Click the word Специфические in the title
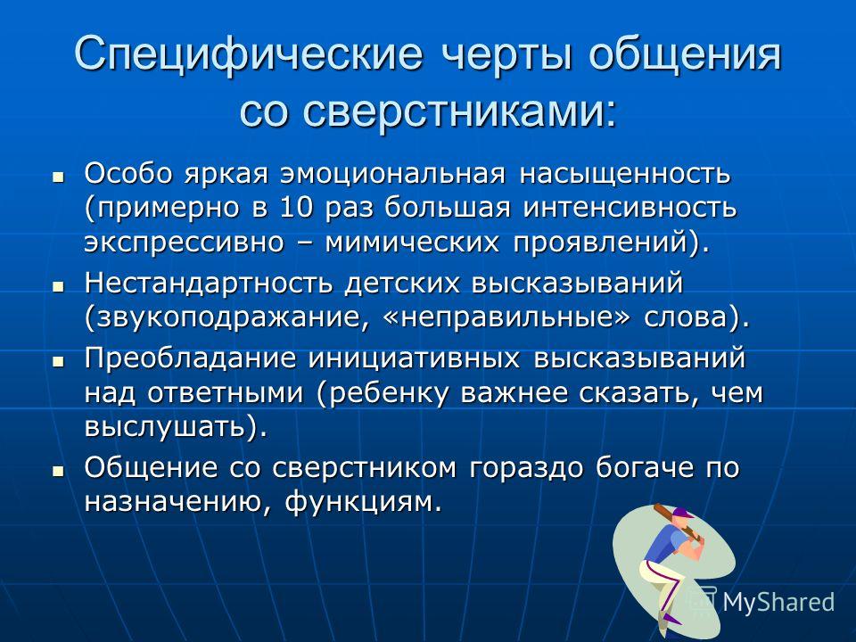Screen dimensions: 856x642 [x=249, y=54]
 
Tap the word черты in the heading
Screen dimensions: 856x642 [x=506, y=55]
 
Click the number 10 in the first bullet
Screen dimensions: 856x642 [x=297, y=208]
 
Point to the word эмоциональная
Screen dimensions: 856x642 [x=392, y=174]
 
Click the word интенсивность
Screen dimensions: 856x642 [x=630, y=208]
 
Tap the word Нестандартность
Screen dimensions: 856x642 [x=208, y=284]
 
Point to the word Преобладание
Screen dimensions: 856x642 [x=191, y=358]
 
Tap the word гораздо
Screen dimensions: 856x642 [x=526, y=468]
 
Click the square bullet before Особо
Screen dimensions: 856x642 [x=58, y=177]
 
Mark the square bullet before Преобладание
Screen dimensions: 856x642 [x=58, y=361]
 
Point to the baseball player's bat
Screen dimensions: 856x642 [x=673, y=519]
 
